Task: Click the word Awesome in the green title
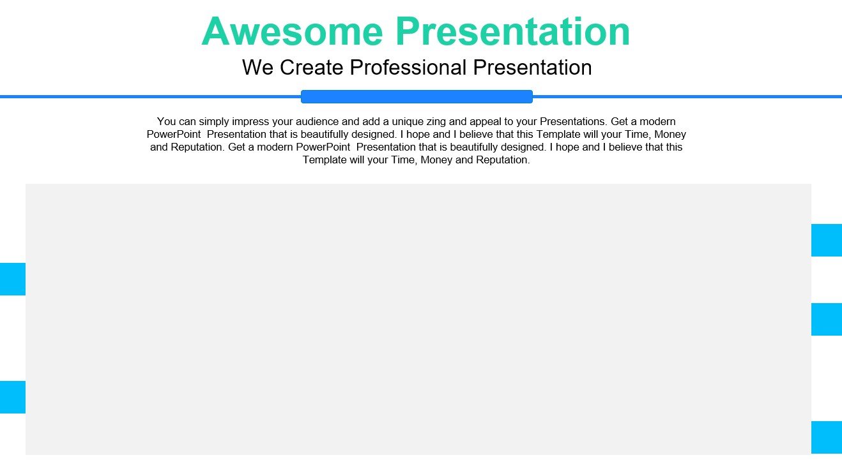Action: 293,31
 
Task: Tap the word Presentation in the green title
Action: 513,31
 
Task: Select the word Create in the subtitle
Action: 312,68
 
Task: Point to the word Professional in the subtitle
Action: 408,68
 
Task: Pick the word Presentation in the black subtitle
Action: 533,68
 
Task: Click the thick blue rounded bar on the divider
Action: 417,96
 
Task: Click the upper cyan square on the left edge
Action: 13,279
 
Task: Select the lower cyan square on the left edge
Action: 13,398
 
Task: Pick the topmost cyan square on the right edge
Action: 827,241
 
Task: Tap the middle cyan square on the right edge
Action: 827,320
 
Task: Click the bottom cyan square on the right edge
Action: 827,438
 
